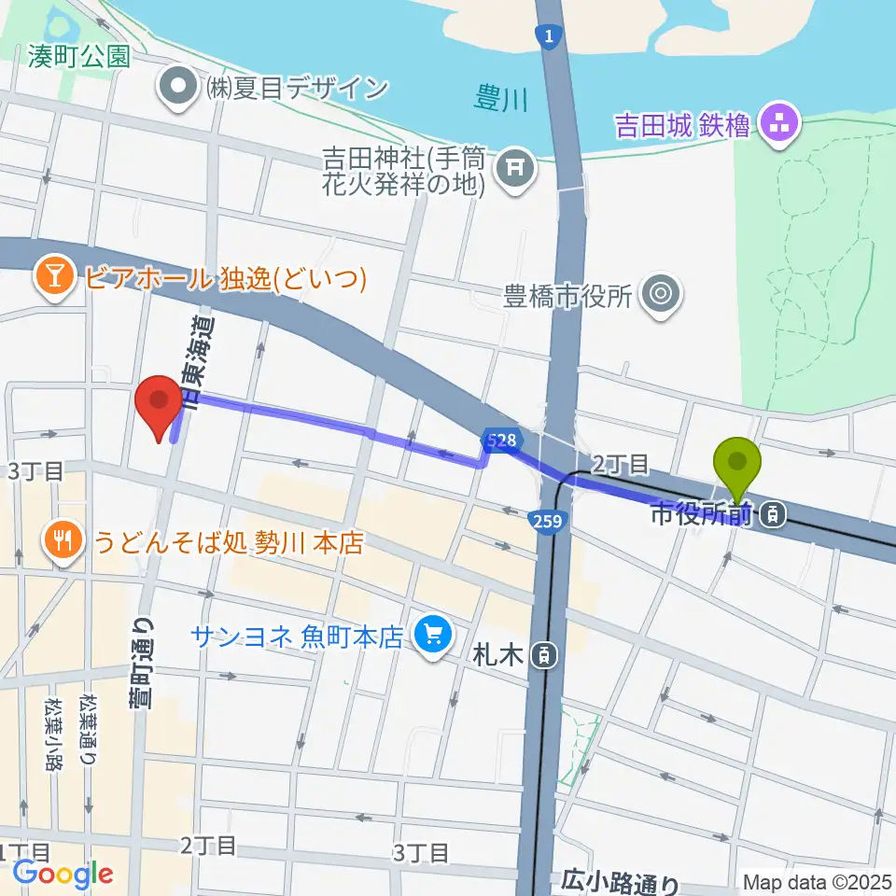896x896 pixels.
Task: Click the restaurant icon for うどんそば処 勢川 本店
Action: click(64, 542)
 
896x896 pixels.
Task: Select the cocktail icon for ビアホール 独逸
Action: click(51, 277)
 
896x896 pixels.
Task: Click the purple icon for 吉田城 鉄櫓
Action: click(776, 122)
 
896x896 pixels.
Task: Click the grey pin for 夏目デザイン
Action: click(176, 88)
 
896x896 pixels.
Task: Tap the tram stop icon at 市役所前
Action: click(772, 512)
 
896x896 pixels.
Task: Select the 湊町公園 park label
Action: click(77, 57)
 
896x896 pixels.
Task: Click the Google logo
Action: click(63, 874)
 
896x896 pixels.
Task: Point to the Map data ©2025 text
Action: click(818, 882)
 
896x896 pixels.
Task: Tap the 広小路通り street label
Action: click(621, 879)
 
